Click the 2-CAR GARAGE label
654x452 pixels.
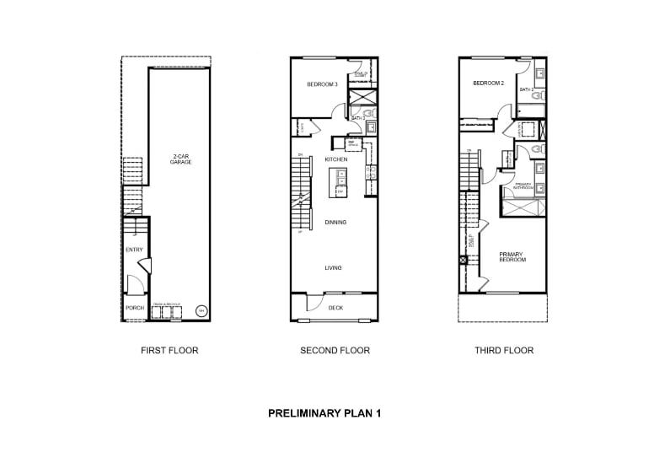[x=180, y=159]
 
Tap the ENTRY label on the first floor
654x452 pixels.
[x=134, y=250]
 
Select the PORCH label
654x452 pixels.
[x=134, y=308]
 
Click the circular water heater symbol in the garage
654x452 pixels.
[x=201, y=310]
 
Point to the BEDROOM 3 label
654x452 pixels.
[x=322, y=84]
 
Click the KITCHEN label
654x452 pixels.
[x=336, y=159]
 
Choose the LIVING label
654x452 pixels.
[x=334, y=268]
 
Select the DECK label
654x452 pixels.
[x=335, y=308]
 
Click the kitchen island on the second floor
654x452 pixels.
[x=339, y=181]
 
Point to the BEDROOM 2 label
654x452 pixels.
[x=488, y=83]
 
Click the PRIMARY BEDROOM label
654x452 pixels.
[x=512, y=256]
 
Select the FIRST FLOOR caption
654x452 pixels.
[x=169, y=350]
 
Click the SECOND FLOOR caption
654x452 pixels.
[x=335, y=350]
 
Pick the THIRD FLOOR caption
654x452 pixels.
[x=503, y=350]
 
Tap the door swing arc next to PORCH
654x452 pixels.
[x=132, y=283]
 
